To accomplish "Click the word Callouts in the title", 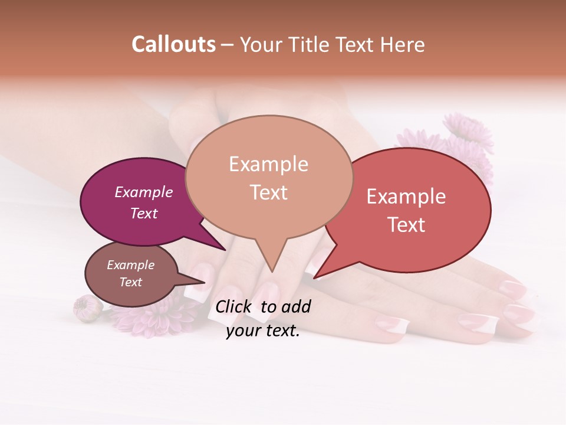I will (x=173, y=44).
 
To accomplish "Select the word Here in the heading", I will (x=402, y=44).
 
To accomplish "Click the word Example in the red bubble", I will (x=406, y=197).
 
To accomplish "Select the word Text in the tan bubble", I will (x=268, y=192).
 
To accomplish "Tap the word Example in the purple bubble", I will (x=144, y=192).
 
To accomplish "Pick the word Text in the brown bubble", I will (x=131, y=282).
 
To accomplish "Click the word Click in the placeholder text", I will (x=234, y=306).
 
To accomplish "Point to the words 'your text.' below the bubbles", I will (x=263, y=331).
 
